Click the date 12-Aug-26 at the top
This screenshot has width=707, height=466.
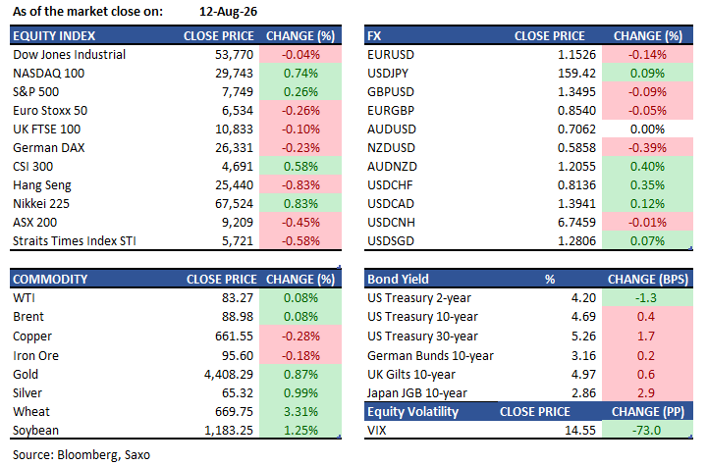coord(228,11)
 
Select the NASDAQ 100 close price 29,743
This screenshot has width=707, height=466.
coord(234,73)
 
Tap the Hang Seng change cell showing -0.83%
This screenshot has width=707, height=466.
coord(300,185)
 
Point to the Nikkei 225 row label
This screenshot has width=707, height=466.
coord(41,204)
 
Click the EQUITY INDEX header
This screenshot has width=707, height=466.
coord(54,36)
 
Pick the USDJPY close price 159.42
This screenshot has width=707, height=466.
coord(576,73)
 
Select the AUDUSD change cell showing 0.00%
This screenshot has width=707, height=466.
coord(647,129)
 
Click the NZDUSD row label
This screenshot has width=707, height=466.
coord(392,148)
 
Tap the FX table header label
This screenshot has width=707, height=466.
coord(374,36)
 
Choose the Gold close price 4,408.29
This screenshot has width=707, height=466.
coord(229,375)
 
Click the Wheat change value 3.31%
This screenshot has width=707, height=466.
coord(300,412)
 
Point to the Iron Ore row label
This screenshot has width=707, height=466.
coord(35,355)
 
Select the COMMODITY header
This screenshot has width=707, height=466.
coord(50,280)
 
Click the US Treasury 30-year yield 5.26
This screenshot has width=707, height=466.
coord(583,337)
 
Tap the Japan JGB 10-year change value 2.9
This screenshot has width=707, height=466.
coord(646,393)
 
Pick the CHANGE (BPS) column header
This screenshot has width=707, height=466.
coord(648,280)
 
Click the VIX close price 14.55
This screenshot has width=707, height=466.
coord(580,431)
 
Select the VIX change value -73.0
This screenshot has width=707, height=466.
coord(646,431)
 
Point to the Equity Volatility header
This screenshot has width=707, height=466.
coord(412,412)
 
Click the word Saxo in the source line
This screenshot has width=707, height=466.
coord(137,455)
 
